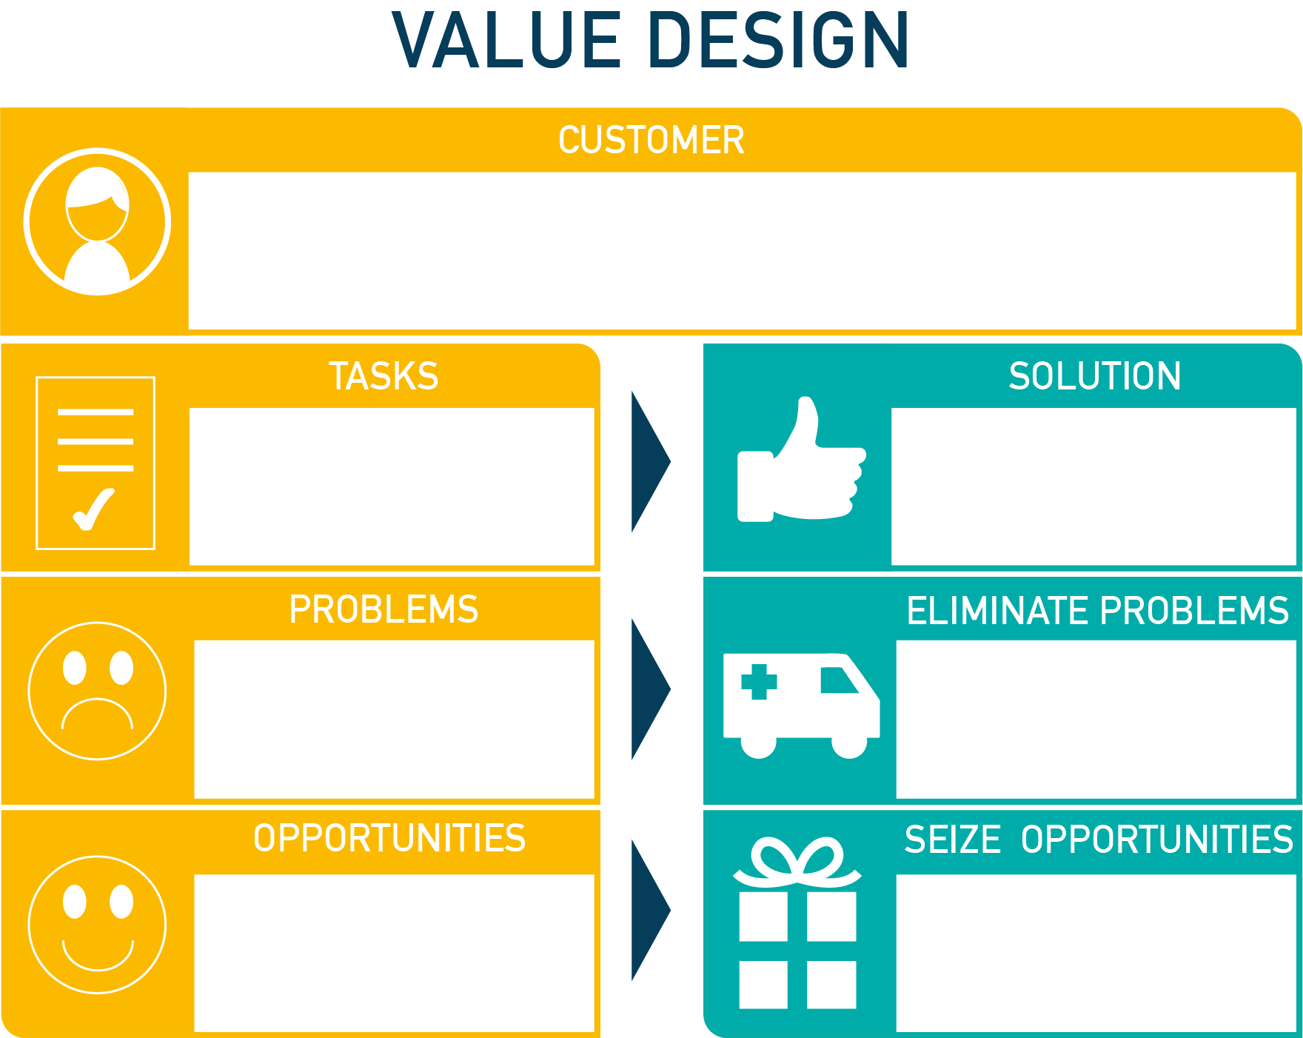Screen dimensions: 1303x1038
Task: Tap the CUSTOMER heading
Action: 651,140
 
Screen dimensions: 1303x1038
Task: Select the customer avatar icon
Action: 97,222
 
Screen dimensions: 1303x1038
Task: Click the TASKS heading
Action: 383,376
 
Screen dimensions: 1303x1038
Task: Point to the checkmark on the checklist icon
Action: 94,509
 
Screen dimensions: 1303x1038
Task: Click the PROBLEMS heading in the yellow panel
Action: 383,609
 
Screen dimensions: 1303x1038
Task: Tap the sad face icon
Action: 97,691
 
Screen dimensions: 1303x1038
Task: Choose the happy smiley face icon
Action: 97,925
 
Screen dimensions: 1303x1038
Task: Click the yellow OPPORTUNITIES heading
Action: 389,838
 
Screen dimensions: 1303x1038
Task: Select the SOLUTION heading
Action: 1095,376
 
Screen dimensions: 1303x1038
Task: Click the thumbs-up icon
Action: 802,459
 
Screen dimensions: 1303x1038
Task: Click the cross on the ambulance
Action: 759,682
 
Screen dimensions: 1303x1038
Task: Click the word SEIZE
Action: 953,840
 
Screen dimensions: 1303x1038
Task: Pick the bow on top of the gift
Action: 797,861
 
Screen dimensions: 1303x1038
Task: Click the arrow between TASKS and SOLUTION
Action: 650,461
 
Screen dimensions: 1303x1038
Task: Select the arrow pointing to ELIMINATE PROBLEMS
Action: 650,689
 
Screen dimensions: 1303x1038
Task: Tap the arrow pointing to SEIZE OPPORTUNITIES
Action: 650,911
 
